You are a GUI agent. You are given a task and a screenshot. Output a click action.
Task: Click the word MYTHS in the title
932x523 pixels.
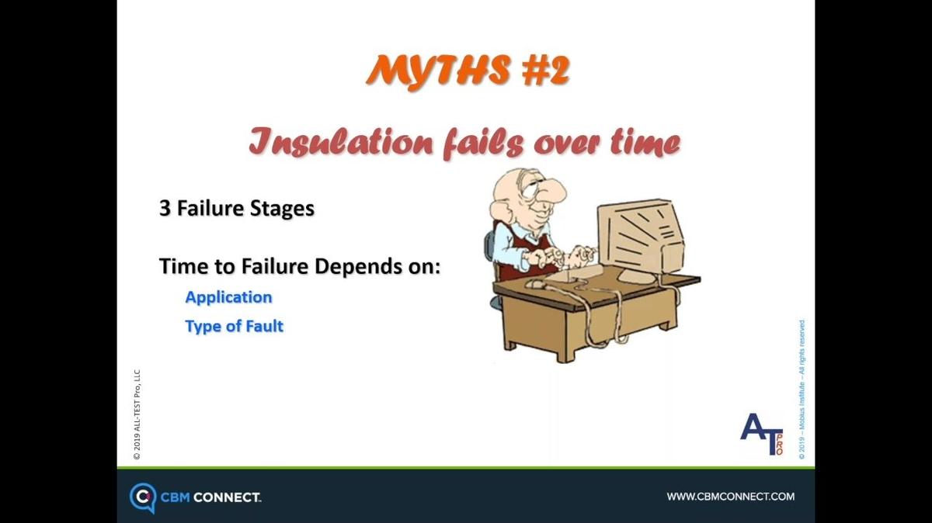[438, 71]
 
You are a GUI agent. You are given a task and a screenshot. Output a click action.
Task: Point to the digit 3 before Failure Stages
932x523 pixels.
[165, 208]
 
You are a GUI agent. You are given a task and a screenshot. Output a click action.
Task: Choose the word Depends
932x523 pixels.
[356, 267]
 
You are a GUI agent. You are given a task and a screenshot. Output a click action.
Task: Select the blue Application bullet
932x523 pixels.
[228, 298]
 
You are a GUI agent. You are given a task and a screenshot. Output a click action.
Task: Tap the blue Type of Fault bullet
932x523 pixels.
[234, 327]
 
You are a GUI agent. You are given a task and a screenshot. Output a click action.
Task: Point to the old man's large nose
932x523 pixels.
[553, 191]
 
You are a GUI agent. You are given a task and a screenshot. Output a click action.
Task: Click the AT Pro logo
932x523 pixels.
[762, 434]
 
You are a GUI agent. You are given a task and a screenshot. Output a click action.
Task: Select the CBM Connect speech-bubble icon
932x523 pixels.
[143, 497]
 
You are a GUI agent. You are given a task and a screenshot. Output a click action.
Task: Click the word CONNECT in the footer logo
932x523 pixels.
[227, 497]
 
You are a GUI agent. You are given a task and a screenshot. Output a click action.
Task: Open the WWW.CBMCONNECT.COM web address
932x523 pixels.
[731, 497]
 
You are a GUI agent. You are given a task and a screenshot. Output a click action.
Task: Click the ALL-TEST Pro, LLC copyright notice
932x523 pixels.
[137, 414]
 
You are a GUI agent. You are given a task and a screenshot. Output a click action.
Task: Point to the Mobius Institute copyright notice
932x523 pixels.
[802, 389]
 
